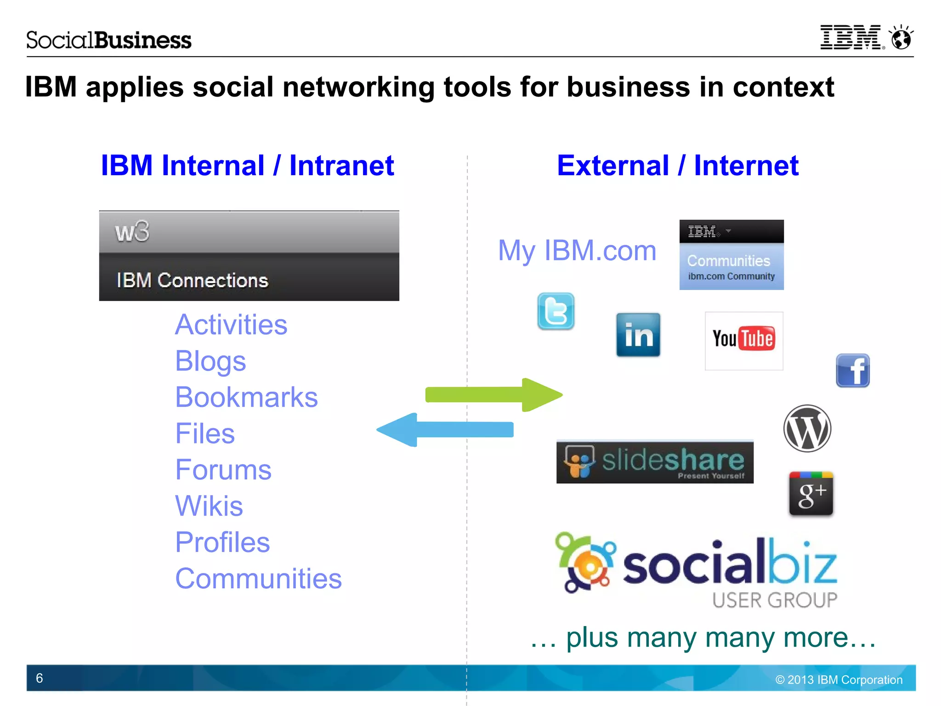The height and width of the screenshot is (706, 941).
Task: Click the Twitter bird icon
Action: (x=556, y=311)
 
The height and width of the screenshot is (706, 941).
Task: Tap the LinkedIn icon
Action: (x=638, y=335)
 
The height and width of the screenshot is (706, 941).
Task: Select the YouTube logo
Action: (x=743, y=340)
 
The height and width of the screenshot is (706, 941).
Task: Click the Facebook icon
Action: (x=852, y=370)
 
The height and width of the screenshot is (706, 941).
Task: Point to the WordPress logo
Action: (x=807, y=428)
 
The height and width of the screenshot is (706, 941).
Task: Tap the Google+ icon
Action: (x=811, y=494)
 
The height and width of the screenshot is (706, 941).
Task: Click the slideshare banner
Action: (x=655, y=462)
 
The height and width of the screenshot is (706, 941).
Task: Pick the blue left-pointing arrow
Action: (x=445, y=430)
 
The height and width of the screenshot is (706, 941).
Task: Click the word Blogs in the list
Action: (x=210, y=361)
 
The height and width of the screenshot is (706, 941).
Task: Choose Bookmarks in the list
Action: (x=246, y=397)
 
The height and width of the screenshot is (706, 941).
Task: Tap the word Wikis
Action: (x=209, y=506)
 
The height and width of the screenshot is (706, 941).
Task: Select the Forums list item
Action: (x=223, y=470)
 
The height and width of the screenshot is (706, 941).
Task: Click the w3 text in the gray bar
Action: (x=132, y=232)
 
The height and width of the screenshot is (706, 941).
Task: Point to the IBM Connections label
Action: (x=192, y=280)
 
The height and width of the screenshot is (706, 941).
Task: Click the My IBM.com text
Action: (x=577, y=251)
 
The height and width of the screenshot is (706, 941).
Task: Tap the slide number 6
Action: (x=40, y=678)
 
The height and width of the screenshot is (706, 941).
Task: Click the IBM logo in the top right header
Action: (x=851, y=38)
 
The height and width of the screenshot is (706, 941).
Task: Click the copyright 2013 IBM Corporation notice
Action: (x=839, y=680)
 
